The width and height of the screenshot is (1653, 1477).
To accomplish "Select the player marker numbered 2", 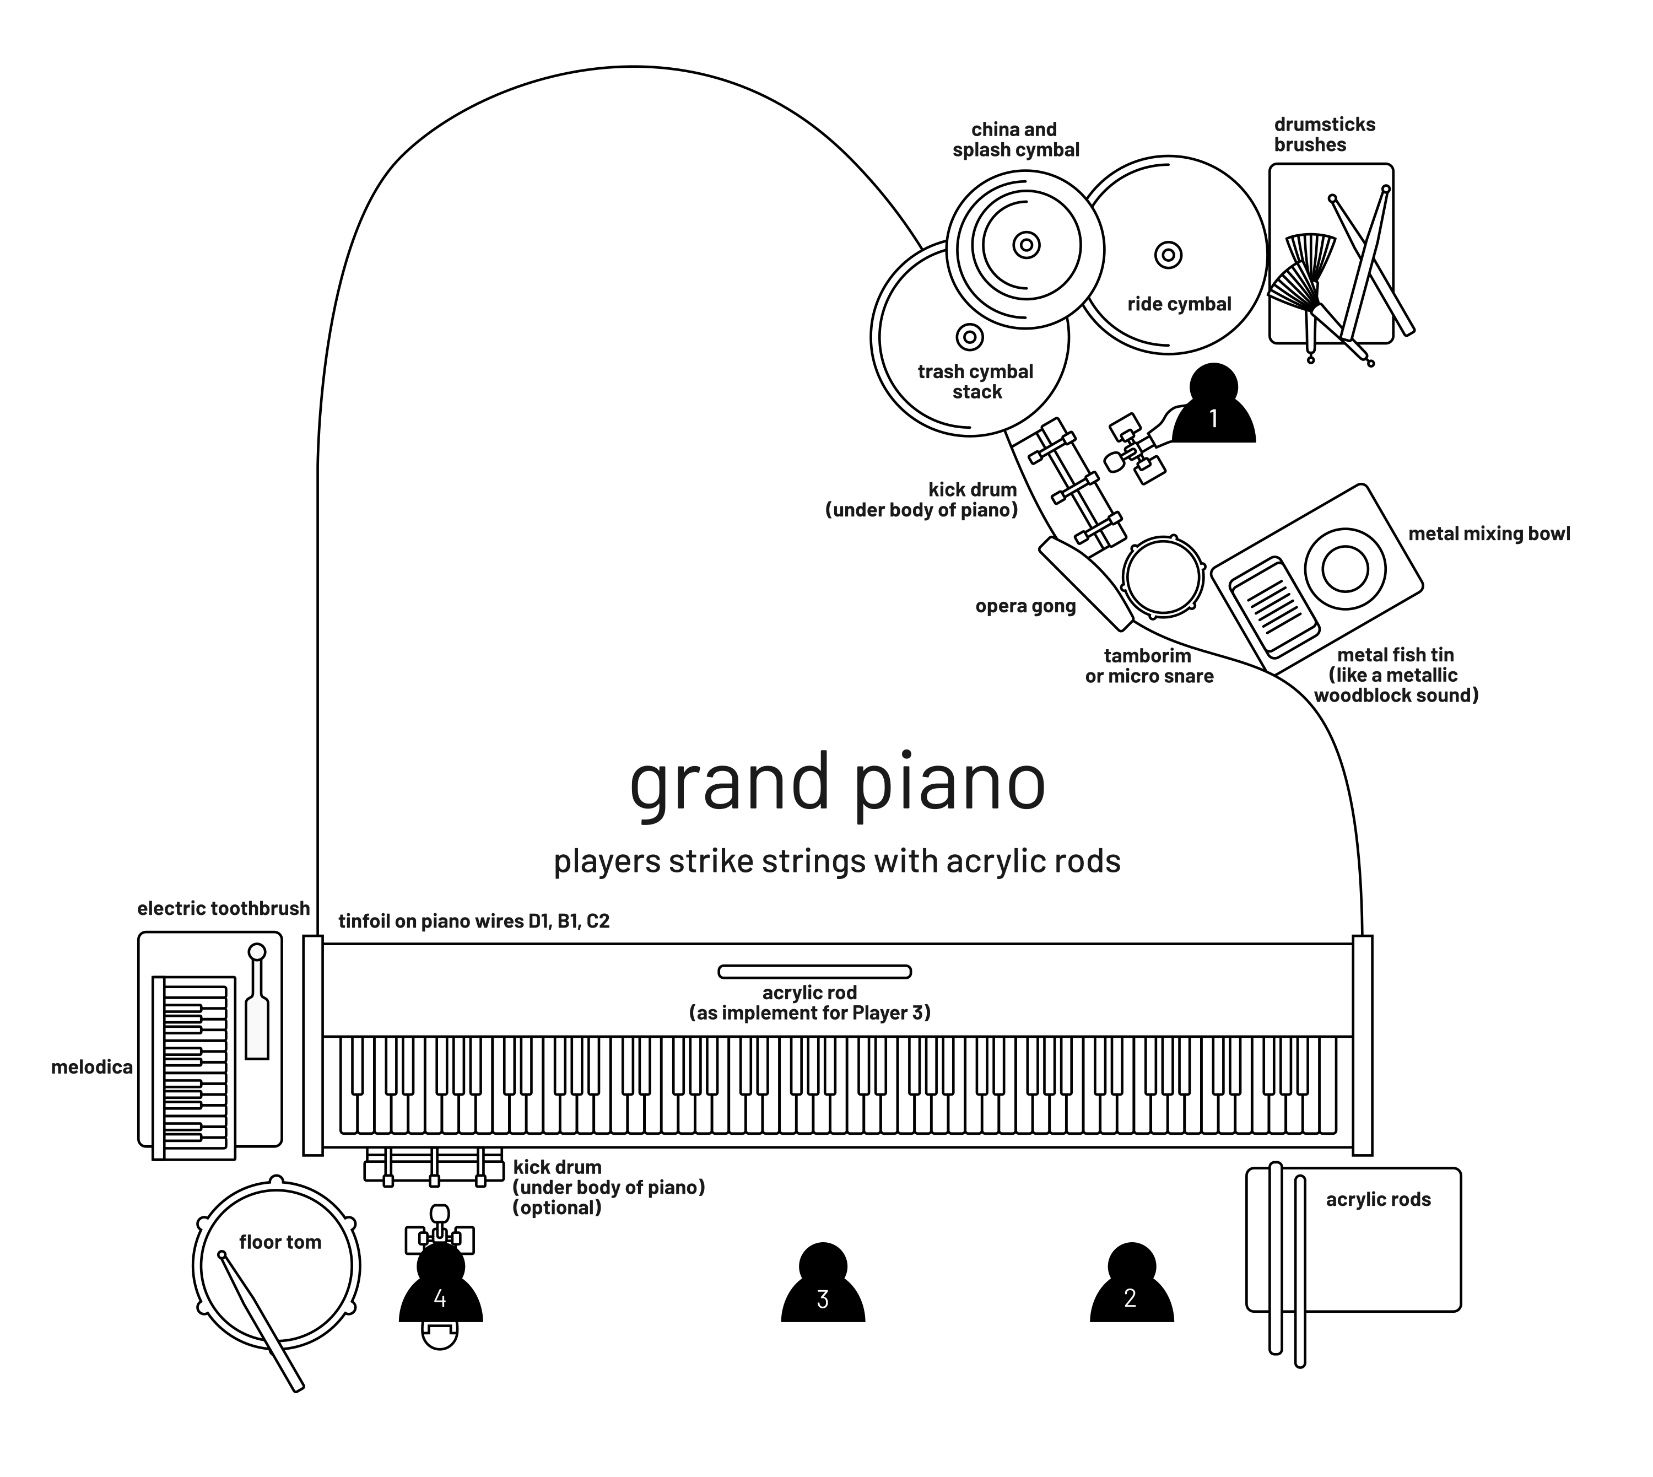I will click(x=1131, y=1290).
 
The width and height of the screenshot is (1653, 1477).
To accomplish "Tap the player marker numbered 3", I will click(x=823, y=1290).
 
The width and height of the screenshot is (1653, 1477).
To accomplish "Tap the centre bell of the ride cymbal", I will click(x=1168, y=255).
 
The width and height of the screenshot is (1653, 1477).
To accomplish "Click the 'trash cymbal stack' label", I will click(x=975, y=381).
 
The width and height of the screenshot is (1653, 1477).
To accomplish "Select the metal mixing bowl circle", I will click(x=1344, y=569).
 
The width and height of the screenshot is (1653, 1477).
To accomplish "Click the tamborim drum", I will click(x=1163, y=577).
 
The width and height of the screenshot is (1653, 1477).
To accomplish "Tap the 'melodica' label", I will click(x=91, y=1067).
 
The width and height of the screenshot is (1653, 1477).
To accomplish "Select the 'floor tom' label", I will click(x=280, y=1242).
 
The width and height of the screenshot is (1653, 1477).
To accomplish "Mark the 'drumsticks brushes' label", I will click(x=1325, y=134).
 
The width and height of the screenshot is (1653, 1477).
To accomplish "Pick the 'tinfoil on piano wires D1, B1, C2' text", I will click(x=474, y=921).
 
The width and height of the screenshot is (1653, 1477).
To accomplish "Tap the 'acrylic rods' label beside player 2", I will click(x=1378, y=1199).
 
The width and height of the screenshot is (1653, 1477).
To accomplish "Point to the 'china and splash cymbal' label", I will click(x=1015, y=139).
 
